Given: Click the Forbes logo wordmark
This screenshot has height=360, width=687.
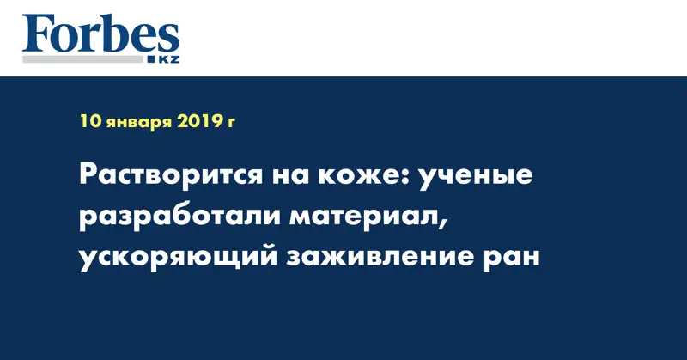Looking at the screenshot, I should [x=100, y=35].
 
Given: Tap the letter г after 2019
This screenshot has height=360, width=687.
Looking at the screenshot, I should [x=231, y=123].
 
